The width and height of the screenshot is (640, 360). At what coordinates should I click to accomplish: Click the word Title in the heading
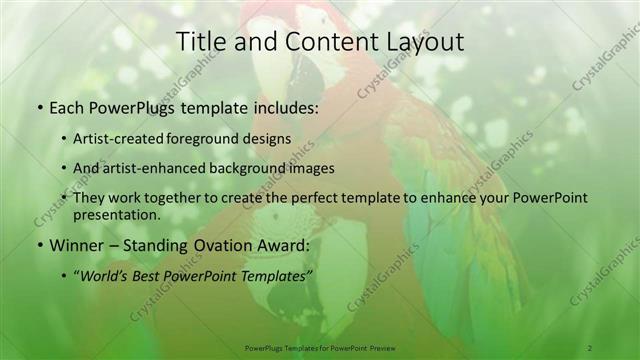point(200,43)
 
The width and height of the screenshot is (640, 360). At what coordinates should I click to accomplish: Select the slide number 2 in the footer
point(589,347)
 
